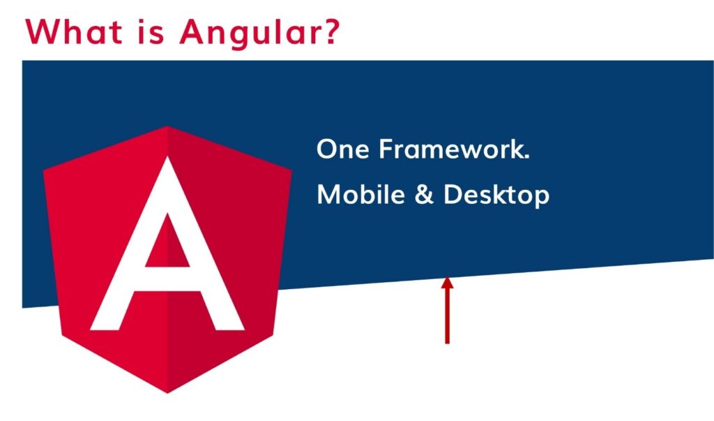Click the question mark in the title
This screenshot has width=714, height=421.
click(x=330, y=31)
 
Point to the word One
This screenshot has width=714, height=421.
click(x=343, y=149)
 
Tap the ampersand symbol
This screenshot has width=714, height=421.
click(x=424, y=194)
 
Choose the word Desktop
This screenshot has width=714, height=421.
click(x=496, y=195)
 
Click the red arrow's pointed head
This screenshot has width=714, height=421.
click(x=447, y=278)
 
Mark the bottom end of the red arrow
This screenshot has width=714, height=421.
click(x=447, y=343)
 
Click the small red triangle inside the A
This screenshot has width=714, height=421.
click(x=167, y=242)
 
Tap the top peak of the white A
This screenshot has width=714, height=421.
click(x=167, y=157)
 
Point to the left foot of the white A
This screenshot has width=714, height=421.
click(x=105, y=330)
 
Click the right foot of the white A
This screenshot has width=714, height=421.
click(x=230, y=330)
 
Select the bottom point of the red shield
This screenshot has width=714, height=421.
click(x=167, y=392)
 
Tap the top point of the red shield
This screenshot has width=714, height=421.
click(x=167, y=126)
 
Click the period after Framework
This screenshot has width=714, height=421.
click(x=527, y=157)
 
